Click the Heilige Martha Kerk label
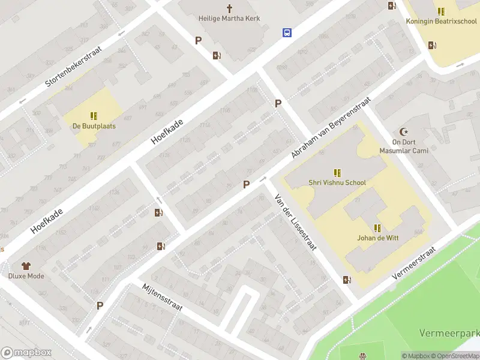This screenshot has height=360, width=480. pyautogui.click(x=229, y=19)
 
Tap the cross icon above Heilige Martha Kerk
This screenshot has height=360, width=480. pyautogui.click(x=229, y=8)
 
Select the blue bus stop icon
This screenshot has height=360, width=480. pyautogui.click(x=287, y=33)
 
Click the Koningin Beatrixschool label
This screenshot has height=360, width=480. pyautogui.click(x=441, y=22)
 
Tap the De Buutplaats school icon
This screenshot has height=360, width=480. pyautogui.click(x=94, y=116)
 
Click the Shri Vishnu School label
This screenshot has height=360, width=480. pyautogui.click(x=337, y=182)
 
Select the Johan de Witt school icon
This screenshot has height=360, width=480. pyautogui.click(x=377, y=228)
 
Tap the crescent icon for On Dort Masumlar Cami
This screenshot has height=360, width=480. pyautogui.click(x=403, y=132)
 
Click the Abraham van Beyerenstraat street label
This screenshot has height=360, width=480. pyautogui.click(x=331, y=130)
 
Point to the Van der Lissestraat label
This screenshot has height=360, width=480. pyautogui.click(x=295, y=222)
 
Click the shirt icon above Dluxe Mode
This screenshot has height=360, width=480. pyautogui.click(x=26, y=266)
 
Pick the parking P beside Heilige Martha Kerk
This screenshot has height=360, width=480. pyautogui.click(x=198, y=41)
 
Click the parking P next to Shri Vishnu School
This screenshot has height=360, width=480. pyautogui.click(x=246, y=185)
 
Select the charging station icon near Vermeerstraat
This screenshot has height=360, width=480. pyautogui.click(x=346, y=279)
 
